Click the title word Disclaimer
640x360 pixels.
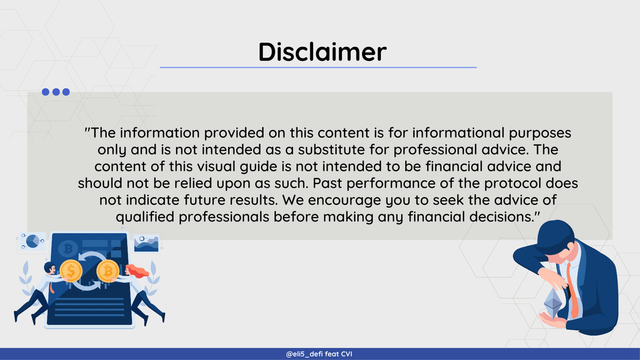[322, 52]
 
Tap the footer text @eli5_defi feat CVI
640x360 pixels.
[319, 354]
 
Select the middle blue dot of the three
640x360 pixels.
[56, 92]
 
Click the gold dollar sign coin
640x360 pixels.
[71, 271]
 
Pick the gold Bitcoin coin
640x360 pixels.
[108, 271]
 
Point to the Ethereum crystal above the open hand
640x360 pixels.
[553, 303]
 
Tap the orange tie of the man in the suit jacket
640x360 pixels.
[572, 291]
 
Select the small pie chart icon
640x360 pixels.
[33, 241]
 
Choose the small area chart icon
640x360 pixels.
[146, 244]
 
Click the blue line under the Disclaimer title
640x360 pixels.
[318, 67]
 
